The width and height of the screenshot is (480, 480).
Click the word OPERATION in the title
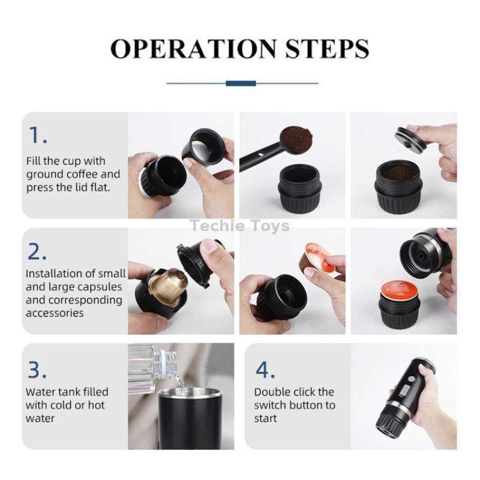(191, 48)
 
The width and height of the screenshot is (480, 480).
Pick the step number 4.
(265, 370)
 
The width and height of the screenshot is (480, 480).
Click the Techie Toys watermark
(239, 226)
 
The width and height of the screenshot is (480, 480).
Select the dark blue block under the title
(241, 83)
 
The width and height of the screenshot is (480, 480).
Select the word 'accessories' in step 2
(55, 313)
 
